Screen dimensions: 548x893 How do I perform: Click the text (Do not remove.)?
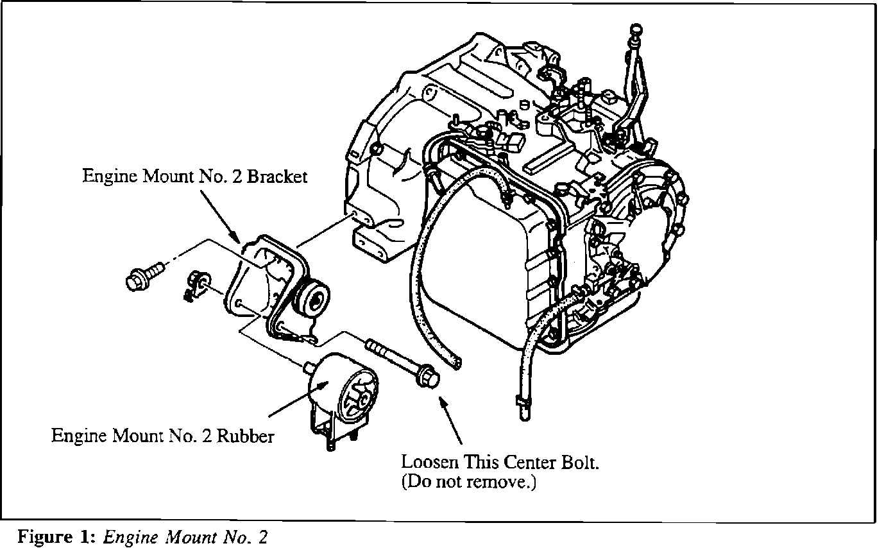pyautogui.click(x=468, y=482)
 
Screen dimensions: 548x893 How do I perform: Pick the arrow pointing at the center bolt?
pyautogui.click(x=449, y=420)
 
